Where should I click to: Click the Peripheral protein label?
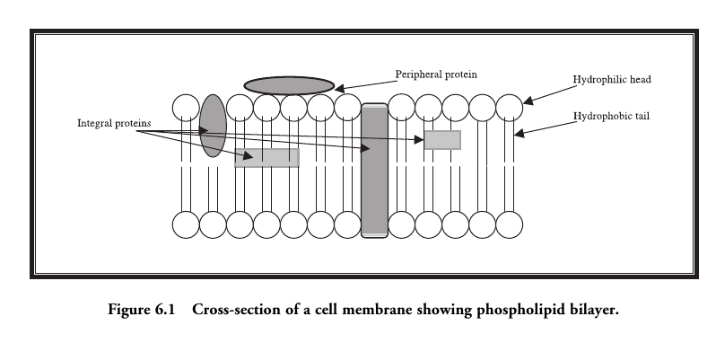(437, 73)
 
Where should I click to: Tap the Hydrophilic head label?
(611, 80)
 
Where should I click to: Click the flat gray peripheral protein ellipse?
(289, 85)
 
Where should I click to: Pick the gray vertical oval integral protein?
(213, 126)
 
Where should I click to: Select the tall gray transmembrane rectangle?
(374, 171)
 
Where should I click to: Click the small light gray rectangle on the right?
(442, 140)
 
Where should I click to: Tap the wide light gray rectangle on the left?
(266, 158)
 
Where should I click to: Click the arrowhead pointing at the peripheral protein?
(338, 88)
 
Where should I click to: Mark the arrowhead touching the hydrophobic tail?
(518, 135)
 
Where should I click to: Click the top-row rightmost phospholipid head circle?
(509, 107)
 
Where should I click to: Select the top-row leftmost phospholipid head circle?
(186, 107)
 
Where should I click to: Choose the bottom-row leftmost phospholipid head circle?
(186, 225)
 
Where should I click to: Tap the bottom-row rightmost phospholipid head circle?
(509, 225)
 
